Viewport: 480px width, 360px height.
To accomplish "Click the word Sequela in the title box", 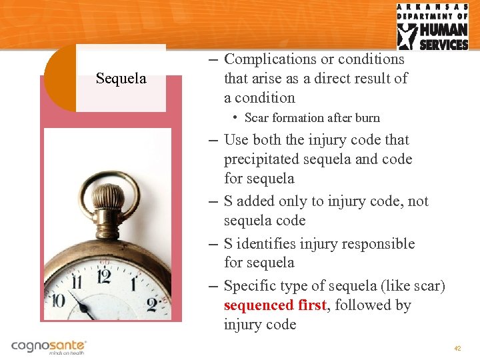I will pyautogui.click(x=121, y=79).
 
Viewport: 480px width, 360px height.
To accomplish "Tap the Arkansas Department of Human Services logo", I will pyautogui.click(x=433, y=27).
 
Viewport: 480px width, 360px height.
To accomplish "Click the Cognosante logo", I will pyautogui.click(x=49, y=347).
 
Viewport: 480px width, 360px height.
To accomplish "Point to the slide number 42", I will pyautogui.click(x=457, y=349).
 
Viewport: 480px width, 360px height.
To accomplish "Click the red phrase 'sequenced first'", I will pyautogui.click(x=275, y=305).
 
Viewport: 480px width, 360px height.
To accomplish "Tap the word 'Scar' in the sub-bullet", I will pyautogui.click(x=257, y=118).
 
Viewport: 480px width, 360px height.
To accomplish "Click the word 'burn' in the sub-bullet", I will pyautogui.click(x=367, y=118).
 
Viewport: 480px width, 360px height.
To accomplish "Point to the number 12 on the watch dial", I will pyautogui.click(x=103, y=275).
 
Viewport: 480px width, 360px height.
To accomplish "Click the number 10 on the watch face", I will pyautogui.click(x=59, y=301).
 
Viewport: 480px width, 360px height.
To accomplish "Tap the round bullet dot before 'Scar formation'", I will pyautogui.click(x=236, y=117).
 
